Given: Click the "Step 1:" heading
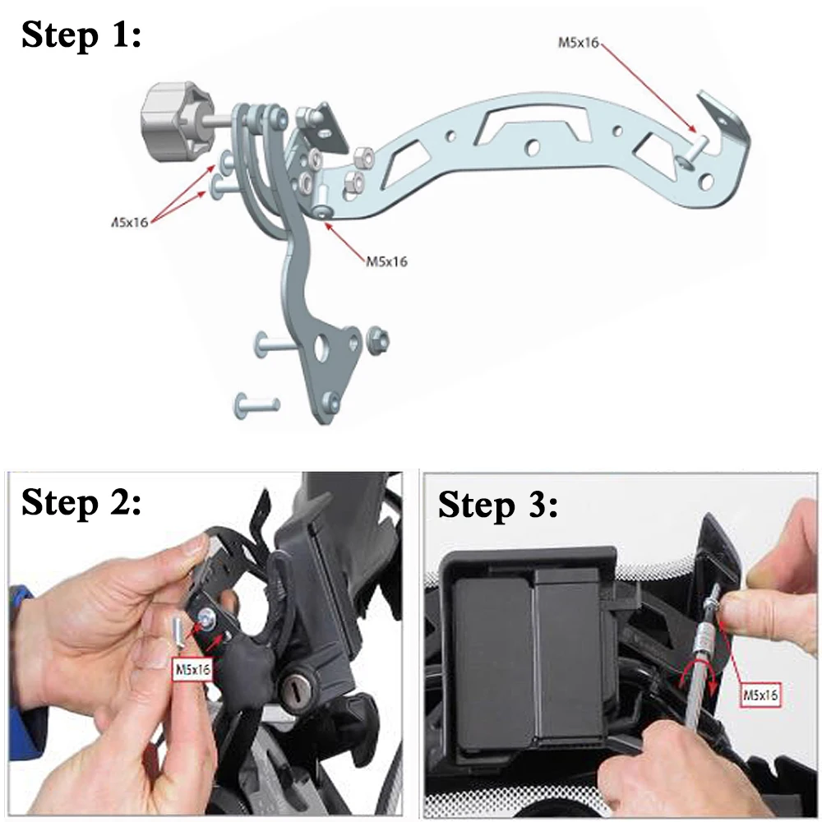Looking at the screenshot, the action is [81, 35].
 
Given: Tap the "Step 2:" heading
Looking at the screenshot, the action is [81, 502].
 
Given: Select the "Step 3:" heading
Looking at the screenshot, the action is [498, 505].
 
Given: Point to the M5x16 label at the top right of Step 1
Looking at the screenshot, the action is [578, 43].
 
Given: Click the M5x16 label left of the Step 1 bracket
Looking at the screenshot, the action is [130, 222].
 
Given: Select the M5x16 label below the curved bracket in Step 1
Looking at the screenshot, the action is [386, 261].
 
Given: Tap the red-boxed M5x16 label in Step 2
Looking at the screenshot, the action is [192, 669].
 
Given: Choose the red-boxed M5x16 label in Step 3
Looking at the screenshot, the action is [760, 695].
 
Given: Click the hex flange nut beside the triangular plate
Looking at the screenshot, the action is [377, 339].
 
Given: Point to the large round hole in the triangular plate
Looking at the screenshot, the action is [321, 347].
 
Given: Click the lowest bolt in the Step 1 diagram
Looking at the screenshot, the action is [257, 404].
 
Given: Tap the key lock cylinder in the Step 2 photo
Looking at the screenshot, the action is [299, 685].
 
